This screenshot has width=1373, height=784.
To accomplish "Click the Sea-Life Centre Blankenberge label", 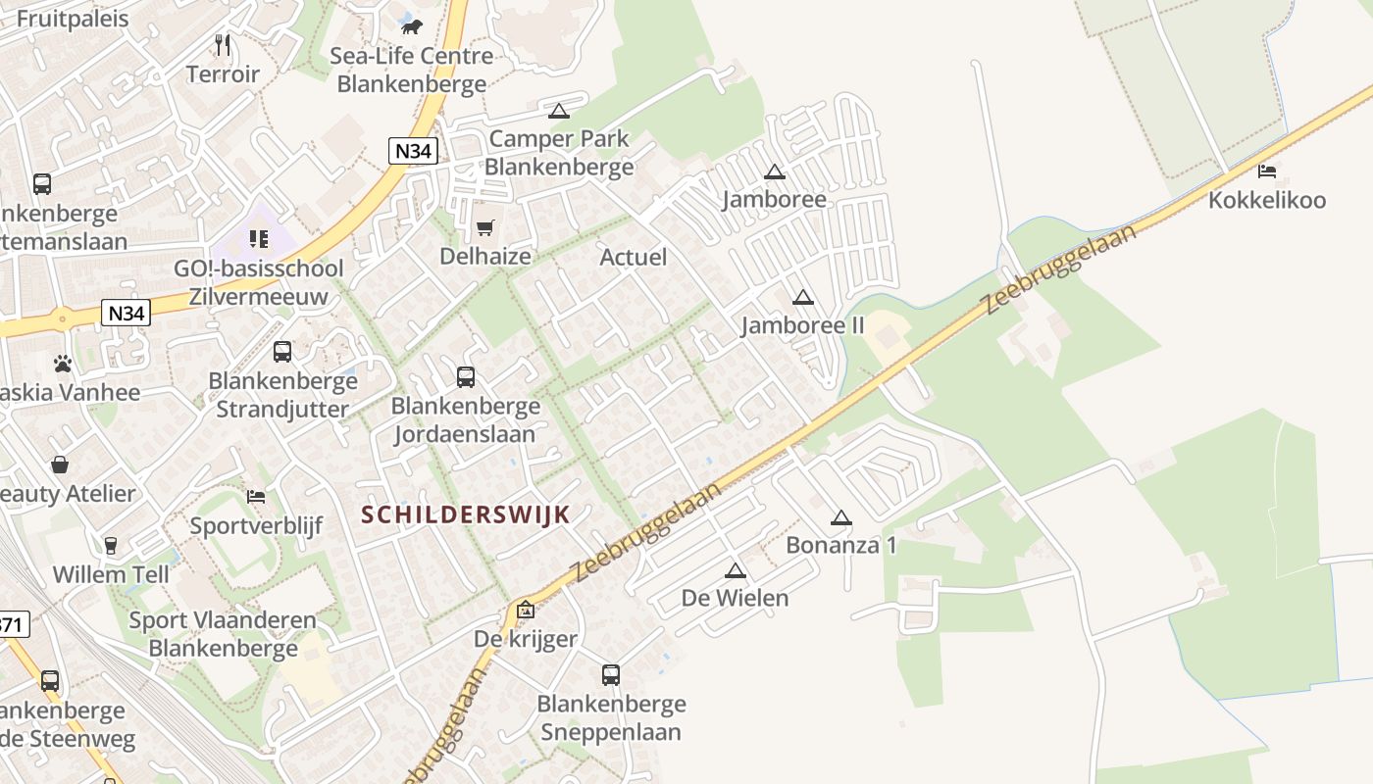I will [x=411, y=70].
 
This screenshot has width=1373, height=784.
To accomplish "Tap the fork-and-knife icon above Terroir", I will [x=223, y=45].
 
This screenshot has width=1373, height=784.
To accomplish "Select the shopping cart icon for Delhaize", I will [x=484, y=228].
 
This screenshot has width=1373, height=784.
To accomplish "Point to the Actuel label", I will [x=633, y=257].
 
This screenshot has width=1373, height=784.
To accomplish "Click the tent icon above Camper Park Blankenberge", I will [x=559, y=111].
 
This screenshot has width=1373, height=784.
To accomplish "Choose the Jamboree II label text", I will [x=802, y=325].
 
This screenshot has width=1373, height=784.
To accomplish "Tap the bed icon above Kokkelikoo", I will [x=1267, y=171].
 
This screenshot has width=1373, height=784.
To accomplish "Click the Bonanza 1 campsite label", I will [x=840, y=545].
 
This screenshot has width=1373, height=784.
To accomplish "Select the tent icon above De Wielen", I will [x=736, y=570].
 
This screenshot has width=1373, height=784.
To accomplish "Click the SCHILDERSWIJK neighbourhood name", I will [x=466, y=514].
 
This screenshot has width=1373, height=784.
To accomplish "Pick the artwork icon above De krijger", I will [x=526, y=610].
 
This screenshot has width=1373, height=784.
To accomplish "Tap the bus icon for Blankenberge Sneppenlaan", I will [x=611, y=674].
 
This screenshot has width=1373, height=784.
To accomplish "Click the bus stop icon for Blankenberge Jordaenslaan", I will [x=466, y=376].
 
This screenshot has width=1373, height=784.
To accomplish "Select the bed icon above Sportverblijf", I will [x=256, y=497].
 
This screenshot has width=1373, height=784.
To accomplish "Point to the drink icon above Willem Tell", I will [x=111, y=545].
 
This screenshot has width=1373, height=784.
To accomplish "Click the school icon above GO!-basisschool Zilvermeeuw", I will [x=259, y=238].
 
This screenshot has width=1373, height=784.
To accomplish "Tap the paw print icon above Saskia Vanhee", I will [x=64, y=364].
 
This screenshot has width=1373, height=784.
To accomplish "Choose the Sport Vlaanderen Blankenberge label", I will [x=223, y=634].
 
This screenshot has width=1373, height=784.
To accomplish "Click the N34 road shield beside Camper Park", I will [x=413, y=151].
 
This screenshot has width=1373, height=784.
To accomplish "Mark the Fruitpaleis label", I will [x=73, y=19].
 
